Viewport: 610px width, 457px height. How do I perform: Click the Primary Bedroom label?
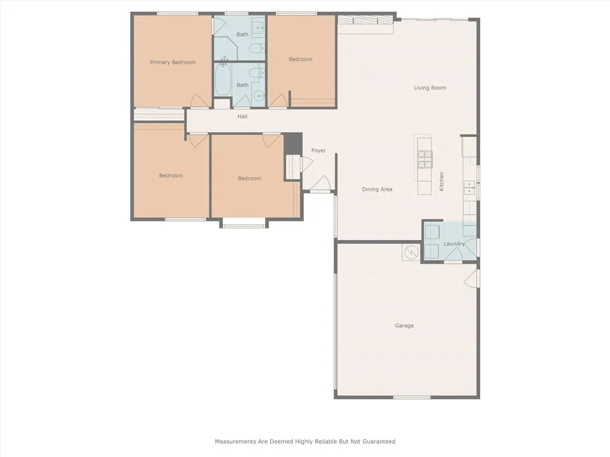coord(172,62)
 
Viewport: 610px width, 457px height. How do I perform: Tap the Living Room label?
coord(430,88)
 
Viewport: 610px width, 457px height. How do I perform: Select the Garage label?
coord(404,325)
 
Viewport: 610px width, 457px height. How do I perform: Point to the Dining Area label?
coord(377,189)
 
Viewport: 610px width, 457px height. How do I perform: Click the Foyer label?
coord(319,151)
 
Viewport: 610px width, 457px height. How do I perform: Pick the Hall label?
coord(242,117)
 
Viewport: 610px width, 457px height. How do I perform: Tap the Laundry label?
coord(454,244)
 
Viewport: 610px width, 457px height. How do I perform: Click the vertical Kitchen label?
coord(441,181)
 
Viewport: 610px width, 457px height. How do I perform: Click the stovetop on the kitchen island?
coord(425,159)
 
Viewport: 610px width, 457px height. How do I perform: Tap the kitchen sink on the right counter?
coord(469,188)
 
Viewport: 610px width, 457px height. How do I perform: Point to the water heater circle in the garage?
coord(410,253)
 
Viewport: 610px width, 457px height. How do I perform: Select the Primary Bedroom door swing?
coord(199,102)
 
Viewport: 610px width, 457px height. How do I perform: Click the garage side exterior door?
coord(472,276)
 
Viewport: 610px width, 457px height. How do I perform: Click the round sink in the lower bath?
coord(259,96)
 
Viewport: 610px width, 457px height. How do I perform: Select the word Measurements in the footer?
coord(236,442)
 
